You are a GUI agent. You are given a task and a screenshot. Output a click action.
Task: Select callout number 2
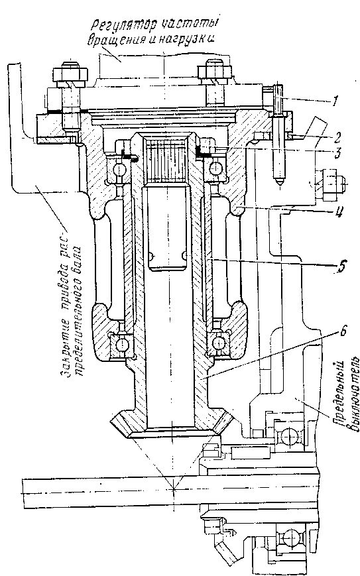[337, 137]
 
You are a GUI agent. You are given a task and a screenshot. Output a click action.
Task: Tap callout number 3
[337, 153]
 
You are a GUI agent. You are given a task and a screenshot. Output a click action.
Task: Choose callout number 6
[343, 331]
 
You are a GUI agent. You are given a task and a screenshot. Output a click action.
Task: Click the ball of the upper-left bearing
[120, 170]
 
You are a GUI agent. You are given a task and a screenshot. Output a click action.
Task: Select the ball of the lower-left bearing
[121, 344]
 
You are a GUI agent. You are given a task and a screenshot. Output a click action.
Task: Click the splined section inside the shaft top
[166, 160]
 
